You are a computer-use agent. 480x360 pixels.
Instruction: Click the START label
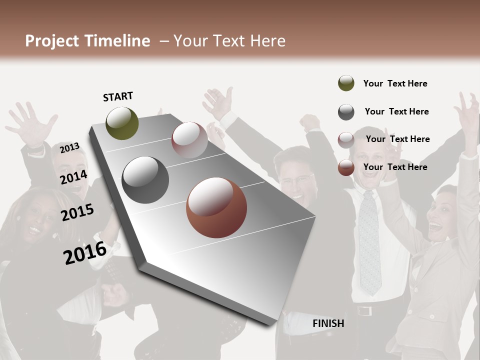pos(118,96)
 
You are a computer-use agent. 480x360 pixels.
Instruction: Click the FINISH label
pos(328,323)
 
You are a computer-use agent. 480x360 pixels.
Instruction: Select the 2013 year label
pos(69,147)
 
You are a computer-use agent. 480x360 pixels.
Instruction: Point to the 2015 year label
pos(77,212)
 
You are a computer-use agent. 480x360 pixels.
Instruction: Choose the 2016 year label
pos(85,253)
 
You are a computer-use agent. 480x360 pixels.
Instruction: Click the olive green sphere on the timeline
pos(122,123)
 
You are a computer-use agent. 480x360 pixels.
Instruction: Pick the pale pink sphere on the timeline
pos(189,140)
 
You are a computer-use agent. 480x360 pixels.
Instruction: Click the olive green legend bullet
pos(346,83)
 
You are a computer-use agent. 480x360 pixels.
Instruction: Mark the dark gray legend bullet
pos(346,112)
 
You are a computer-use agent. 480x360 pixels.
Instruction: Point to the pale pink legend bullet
pos(346,140)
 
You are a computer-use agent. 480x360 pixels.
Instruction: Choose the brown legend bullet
pos(346,167)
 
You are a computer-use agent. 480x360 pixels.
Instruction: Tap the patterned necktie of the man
pos(369,240)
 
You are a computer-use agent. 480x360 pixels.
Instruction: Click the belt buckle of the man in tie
pos(365,311)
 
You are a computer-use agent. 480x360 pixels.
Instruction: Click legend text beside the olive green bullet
pos(395,83)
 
